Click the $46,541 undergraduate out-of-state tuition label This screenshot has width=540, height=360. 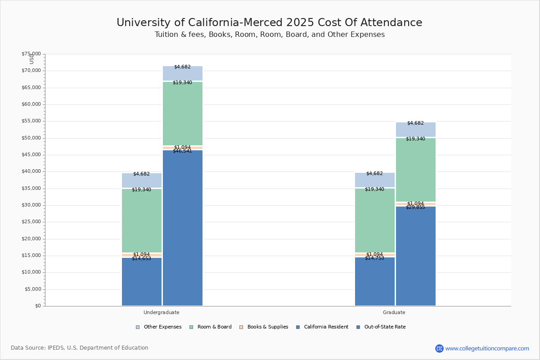182,151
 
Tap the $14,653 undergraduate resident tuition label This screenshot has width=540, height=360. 141,259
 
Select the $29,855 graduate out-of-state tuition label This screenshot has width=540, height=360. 415,207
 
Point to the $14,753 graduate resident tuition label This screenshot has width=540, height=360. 374,258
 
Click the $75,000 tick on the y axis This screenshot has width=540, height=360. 31,54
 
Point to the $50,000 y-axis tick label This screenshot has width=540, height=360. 31,138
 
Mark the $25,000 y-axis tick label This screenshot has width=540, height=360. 31,222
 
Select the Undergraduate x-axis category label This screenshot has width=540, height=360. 162,312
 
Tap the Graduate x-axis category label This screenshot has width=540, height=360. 394,312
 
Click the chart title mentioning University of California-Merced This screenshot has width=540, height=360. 269,23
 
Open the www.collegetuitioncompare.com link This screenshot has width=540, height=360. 487,348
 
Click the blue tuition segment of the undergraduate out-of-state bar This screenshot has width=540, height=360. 183,229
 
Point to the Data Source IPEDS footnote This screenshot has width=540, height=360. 80,348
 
